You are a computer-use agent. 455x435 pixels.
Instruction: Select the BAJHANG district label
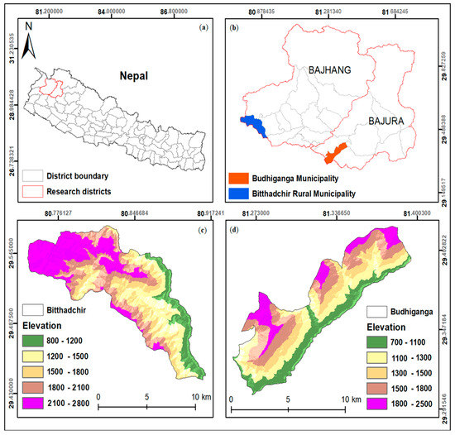[330, 71]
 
